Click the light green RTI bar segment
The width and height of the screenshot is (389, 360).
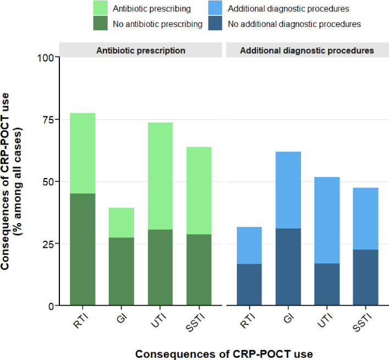(x=82, y=153)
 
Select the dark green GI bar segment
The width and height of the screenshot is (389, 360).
(x=121, y=271)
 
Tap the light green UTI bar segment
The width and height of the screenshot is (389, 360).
(x=160, y=176)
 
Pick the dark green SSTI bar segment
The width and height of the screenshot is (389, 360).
(x=199, y=270)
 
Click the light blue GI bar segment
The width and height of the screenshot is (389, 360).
(x=288, y=190)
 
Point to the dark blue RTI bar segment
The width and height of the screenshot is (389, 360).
(x=249, y=284)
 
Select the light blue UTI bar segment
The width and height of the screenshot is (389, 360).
(x=327, y=220)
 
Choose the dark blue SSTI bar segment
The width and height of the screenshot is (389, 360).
(x=366, y=278)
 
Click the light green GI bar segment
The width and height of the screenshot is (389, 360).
(x=121, y=223)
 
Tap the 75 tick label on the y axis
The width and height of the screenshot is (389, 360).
(x=48, y=120)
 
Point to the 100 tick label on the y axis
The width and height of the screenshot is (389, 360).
(x=46, y=58)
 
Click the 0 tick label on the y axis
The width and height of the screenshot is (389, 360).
(x=51, y=307)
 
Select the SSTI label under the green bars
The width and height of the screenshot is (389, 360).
(x=196, y=322)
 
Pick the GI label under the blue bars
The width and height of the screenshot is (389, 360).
(x=289, y=318)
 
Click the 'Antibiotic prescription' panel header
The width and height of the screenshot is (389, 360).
(x=141, y=51)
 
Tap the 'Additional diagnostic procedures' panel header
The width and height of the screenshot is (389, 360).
(x=307, y=51)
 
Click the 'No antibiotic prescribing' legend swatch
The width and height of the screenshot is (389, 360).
(x=101, y=23)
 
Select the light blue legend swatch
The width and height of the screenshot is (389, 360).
(x=215, y=8)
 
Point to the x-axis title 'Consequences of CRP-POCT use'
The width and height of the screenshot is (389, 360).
(x=224, y=354)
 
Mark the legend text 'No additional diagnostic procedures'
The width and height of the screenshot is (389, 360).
(x=294, y=24)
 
